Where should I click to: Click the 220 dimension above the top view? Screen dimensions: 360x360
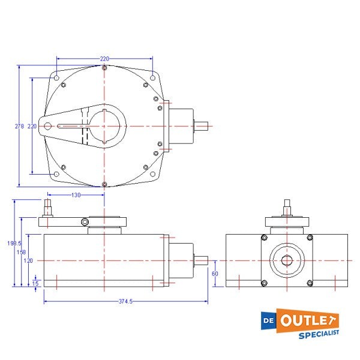(x=104, y=59)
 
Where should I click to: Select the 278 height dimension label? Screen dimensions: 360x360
(x=19, y=127)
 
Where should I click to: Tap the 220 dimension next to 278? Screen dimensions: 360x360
(x=32, y=127)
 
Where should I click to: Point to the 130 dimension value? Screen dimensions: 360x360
(x=76, y=195)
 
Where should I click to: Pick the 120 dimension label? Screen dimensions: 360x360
(x=28, y=261)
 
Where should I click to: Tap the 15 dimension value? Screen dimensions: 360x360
(x=35, y=283)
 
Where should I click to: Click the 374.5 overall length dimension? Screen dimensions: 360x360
(x=126, y=301)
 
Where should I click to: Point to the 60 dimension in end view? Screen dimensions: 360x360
(x=215, y=273)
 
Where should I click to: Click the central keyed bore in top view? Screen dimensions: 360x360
(x=105, y=126)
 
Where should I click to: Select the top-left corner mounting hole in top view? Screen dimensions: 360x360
(x=56, y=78)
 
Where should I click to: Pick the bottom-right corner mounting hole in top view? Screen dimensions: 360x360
(x=154, y=175)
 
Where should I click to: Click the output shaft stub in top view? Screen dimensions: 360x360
(x=201, y=126)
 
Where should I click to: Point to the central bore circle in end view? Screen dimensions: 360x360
(x=287, y=260)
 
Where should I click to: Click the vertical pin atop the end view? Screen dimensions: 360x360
(x=287, y=208)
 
